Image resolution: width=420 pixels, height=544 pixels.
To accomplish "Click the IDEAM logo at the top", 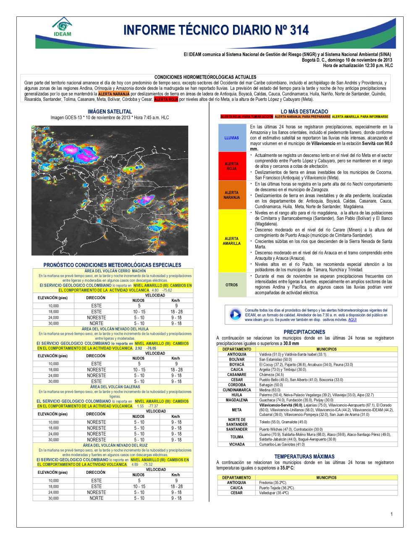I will pyautogui.click(x=63, y=27).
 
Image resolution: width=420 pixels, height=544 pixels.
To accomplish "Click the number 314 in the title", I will pyautogui.click(x=299, y=30).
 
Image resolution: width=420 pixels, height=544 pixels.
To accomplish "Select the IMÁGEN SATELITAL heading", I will pyautogui.click(x=110, y=111).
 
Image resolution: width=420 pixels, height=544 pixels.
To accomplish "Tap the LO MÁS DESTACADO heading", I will pyautogui.click(x=304, y=111).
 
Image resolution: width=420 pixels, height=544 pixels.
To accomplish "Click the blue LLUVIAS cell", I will pyautogui.click(x=231, y=138).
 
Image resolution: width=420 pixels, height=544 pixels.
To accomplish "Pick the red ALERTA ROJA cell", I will pyautogui.click(x=231, y=166).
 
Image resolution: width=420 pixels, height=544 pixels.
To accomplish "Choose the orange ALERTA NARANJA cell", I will pyautogui.click(x=231, y=195).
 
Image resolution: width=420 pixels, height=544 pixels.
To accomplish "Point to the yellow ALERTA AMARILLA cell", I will pyautogui.click(x=231, y=241).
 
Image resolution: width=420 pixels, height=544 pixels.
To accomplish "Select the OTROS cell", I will pyautogui.click(x=231, y=285).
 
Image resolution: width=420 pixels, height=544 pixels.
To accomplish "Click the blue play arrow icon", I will pyautogui.click(x=235, y=314).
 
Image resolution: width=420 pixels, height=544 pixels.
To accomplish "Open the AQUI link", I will pyautogui.click(x=352, y=320).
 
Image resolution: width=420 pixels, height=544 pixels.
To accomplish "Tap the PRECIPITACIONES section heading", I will pyautogui.click(x=304, y=332).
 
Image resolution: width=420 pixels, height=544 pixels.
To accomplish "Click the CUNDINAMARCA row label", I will pyautogui.click(x=237, y=390).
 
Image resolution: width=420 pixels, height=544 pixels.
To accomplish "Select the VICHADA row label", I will pyautogui.click(x=237, y=444).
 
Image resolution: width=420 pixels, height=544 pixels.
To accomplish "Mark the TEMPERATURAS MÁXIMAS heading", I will pyautogui.click(x=304, y=457).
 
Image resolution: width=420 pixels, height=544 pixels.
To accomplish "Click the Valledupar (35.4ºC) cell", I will pyautogui.click(x=274, y=493).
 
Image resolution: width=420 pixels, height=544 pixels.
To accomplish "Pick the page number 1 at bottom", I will pyautogui.click(x=391, y=514).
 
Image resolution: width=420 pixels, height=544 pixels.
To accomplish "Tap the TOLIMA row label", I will pyautogui.click(x=237, y=437).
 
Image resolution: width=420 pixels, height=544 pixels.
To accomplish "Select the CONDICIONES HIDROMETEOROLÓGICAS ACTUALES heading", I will pyautogui.click(x=205, y=77).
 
